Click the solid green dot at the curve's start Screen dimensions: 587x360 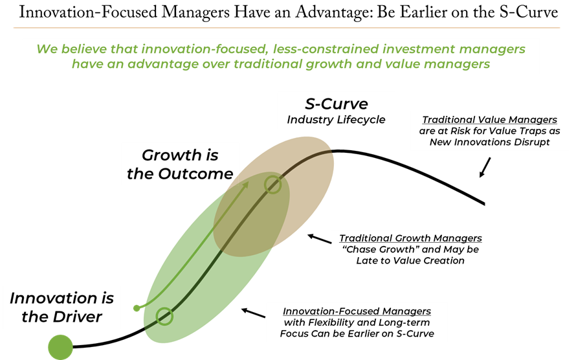coord(60,347)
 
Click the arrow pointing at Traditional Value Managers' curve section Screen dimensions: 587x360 coord(485,167)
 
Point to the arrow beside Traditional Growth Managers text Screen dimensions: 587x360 coord(319,239)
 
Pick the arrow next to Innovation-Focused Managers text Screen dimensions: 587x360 coord(254,313)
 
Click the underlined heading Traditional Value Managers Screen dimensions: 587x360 coord(490,120)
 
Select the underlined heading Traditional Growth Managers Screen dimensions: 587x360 coord(410,238)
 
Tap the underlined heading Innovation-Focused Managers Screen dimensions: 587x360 coord(357,311)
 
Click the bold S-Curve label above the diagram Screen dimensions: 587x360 coord(337,104)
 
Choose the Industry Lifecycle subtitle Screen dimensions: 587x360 coord(336,120)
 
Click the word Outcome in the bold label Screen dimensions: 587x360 coord(195,174)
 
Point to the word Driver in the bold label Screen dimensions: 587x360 coord(77,317)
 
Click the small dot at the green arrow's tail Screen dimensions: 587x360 coord(137,308)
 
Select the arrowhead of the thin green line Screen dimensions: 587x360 coord(245,185)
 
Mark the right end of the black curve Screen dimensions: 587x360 coord(485,204)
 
